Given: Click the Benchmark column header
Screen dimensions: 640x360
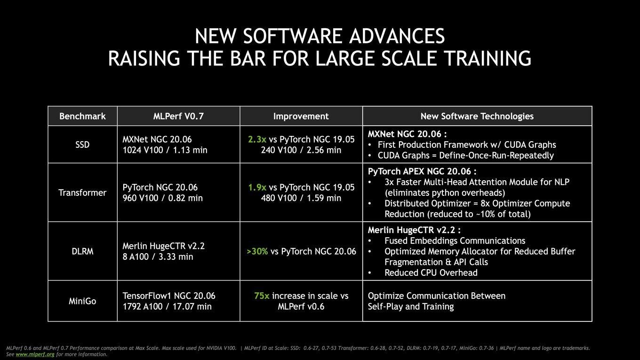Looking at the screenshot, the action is coord(82,116).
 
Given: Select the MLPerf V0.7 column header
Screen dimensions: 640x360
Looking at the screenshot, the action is coord(178,116).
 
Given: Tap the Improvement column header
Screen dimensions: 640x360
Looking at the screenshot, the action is coord(301,116).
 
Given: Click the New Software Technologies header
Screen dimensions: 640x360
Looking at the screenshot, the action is coord(477,116).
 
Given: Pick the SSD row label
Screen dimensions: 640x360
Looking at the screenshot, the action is coord(82,144).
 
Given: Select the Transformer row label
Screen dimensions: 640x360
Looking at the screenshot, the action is coord(82,192).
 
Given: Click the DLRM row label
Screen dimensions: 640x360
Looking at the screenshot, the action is coord(82,251).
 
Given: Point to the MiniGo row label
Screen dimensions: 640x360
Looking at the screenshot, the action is coord(82,301).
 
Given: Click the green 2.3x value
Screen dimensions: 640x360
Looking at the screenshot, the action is coord(257,139).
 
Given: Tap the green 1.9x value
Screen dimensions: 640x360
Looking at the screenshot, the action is coord(257,187).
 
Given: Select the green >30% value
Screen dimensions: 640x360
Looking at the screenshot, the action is coord(257,251).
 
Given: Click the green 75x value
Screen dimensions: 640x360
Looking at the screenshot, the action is coord(262,296).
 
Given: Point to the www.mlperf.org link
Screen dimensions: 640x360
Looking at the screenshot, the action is coord(35,354).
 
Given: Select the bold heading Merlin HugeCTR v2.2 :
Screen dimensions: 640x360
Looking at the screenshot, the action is coord(414,230).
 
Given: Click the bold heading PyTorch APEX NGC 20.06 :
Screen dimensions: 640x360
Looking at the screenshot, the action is coord(422,171).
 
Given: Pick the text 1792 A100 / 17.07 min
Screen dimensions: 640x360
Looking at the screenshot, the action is coord(167,306).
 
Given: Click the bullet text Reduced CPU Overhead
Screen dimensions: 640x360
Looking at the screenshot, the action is coord(431,273).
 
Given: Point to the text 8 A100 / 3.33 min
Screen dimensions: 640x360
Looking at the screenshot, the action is coord(158,257).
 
